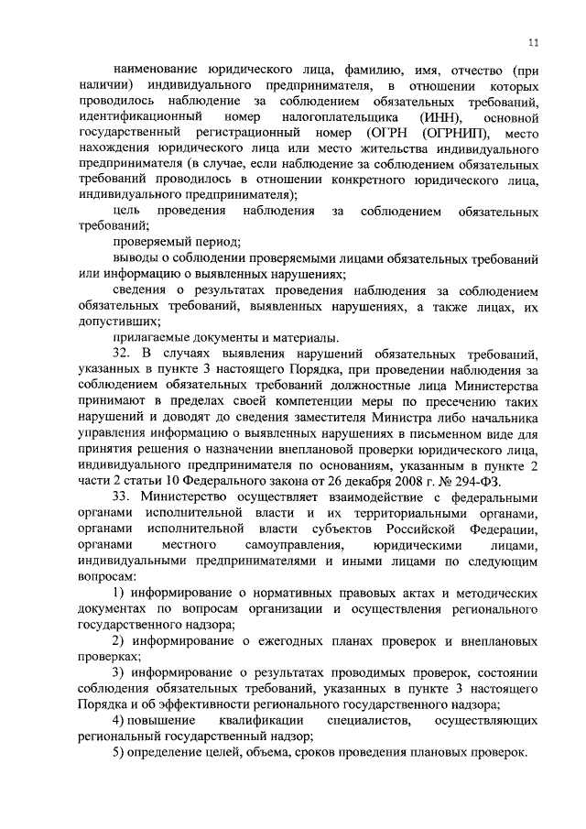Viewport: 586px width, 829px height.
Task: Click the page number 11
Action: coord(533,41)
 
